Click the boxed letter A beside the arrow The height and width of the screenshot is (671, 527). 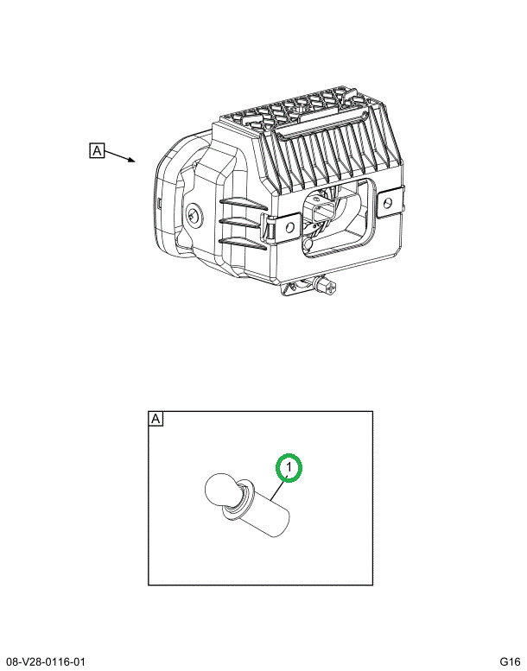coord(97,150)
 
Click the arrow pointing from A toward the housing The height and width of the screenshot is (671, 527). coord(120,156)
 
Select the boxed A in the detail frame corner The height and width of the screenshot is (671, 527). coord(156,418)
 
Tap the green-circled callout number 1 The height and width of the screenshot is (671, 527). coord(289,467)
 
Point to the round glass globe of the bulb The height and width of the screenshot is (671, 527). coord(221,489)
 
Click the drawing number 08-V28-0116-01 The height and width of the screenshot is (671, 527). coord(46,662)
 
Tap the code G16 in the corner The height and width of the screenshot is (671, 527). coord(510,662)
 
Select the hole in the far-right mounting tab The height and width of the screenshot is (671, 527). coord(388,202)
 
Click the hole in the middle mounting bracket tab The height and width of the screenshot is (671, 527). coord(289,227)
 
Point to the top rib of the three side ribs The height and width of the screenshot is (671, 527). coord(243,203)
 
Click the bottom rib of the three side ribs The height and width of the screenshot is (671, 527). coord(243,243)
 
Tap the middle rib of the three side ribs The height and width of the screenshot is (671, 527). coord(243,223)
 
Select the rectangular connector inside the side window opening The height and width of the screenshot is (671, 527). coord(319,211)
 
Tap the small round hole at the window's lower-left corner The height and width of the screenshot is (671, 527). coord(308,244)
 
